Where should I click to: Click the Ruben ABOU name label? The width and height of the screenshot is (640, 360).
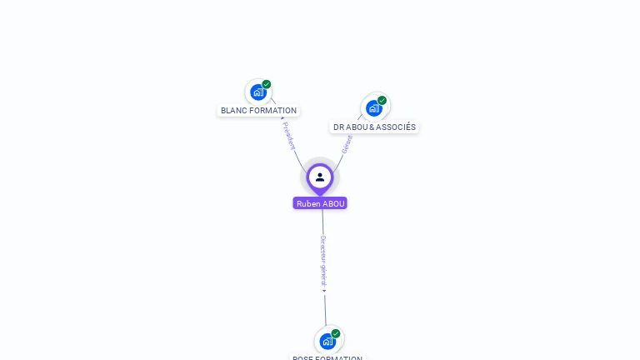point(320,203)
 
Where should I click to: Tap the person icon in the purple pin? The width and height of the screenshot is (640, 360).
point(320,177)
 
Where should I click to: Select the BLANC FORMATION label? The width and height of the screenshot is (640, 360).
point(258,110)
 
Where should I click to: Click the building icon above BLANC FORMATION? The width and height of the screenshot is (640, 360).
point(257,92)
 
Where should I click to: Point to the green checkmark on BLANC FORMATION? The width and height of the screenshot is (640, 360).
point(267,84)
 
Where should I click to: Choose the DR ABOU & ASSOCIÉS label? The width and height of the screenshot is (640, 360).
point(374,127)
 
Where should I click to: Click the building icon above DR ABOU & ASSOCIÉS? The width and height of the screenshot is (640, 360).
point(374,107)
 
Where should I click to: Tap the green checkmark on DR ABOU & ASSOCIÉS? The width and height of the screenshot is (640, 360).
point(382,100)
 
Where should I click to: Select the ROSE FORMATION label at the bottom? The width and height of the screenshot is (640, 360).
point(327,357)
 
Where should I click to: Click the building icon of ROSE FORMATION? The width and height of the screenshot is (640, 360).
point(327,341)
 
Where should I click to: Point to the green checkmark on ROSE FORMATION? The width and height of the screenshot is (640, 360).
point(336,333)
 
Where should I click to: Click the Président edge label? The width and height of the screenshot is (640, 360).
point(289,136)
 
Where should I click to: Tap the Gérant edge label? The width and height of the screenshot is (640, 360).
point(347,143)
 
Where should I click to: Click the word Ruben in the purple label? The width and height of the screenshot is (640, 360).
point(308,203)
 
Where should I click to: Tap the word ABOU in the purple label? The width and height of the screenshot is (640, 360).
point(333,203)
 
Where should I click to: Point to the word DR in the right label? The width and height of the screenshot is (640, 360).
point(338,127)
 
